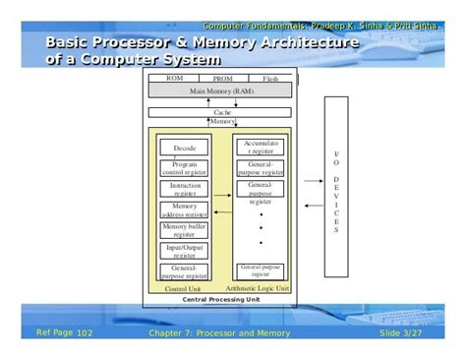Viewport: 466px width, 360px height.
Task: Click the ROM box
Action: (174, 78)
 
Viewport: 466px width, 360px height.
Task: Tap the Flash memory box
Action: (270, 78)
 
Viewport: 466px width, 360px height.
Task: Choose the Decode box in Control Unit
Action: (185, 148)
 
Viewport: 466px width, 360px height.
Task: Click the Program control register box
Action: (185, 168)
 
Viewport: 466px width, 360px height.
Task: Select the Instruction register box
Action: (185, 189)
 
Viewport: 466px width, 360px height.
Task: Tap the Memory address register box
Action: (185, 210)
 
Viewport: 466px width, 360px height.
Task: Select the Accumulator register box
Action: (261, 148)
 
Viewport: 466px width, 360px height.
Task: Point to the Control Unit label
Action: (184, 289)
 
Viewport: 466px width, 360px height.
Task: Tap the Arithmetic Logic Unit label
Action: (260, 289)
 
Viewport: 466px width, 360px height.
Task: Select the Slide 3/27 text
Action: (400, 332)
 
